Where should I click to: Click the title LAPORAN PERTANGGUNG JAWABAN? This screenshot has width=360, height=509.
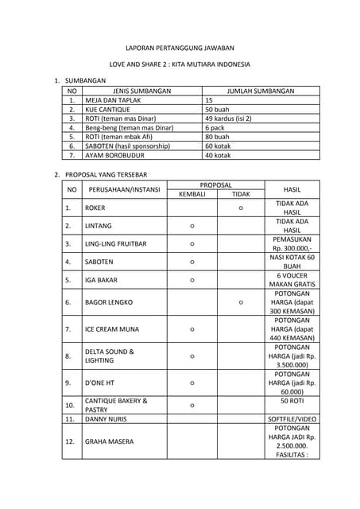coord(180,48)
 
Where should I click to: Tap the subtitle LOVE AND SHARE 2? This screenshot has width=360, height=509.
coord(180,64)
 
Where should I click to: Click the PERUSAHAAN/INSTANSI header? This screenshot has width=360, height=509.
coord(125,189)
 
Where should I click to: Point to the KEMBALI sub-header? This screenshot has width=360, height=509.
coord(192,194)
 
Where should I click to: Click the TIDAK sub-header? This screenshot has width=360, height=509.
coord(241,194)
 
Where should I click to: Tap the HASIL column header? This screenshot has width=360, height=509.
coord(292,189)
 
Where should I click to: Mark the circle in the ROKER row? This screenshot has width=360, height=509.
coord(241,208)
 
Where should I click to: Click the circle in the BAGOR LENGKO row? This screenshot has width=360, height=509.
coord(241,302)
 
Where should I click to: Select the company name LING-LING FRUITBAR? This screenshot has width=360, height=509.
coord(115,243)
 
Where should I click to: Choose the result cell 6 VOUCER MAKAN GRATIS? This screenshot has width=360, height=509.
coord(292,280)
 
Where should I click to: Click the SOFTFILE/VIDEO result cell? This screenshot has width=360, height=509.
coord(292,418)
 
